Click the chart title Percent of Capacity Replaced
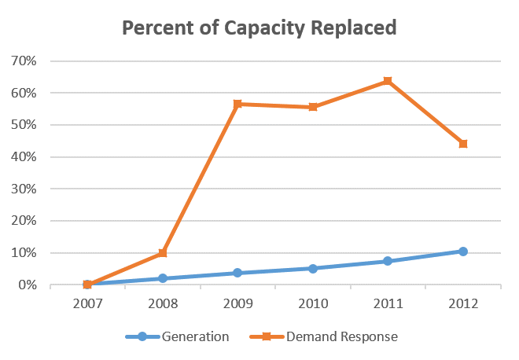(259, 28)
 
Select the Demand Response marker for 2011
(388, 81)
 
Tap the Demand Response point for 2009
(237, 104)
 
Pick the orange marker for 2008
(163, 253)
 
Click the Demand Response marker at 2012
(463, 144)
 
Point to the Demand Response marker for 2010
(313, 107)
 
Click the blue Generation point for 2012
(463, 252)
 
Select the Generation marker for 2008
(163, 278)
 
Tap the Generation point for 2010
(313, 268)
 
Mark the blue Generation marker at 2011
(388, 261)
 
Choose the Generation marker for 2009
(237, 273)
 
